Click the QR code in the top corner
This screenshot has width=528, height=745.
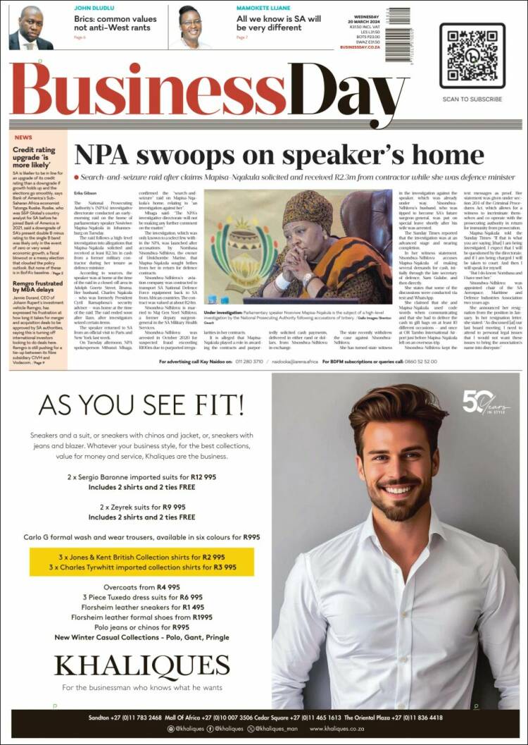pos(472,56)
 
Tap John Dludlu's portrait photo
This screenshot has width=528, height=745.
pos(30,27)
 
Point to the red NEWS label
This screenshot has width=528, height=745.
pos(23,137)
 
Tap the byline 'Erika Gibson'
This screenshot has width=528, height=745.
pos(85,192)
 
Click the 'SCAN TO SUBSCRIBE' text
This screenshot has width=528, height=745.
pos(472,99)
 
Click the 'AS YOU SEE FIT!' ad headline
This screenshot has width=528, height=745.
pos(141,405)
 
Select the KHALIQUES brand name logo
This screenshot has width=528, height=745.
pos(142,664)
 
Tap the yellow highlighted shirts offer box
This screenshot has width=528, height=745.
pos(142,562)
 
